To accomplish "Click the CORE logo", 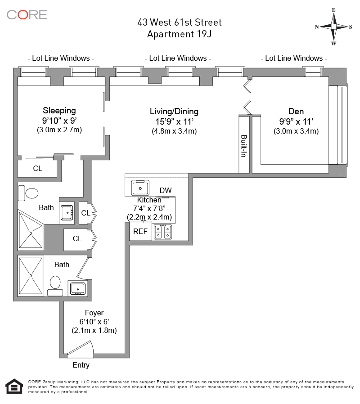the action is click(27, 14).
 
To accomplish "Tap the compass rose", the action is click(333, 27).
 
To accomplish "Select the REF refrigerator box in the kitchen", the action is click(140, 232).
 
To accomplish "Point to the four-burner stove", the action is click(163, 232).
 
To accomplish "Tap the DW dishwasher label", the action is click(166, 191).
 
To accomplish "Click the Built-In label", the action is click(244, 146).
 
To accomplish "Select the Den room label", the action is click(296, 112).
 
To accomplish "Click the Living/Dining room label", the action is click(174, 112).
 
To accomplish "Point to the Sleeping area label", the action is click(59, 110).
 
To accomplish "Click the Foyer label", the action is click(94, 313).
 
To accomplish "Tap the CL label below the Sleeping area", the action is click(37, 169).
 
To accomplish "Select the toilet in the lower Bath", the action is click(55, 283).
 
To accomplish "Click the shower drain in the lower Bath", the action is click(31, 275).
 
